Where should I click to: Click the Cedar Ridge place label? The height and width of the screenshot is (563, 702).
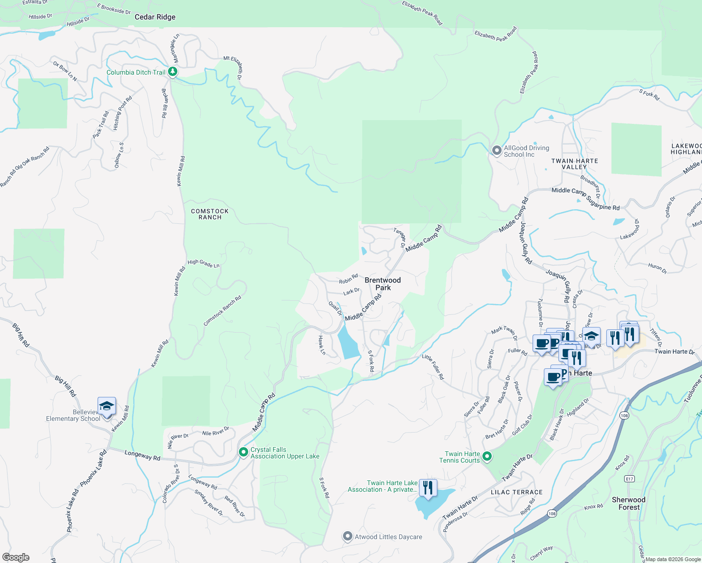coord(155,17)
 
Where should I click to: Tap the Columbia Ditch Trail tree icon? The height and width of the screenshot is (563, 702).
coord(173,72)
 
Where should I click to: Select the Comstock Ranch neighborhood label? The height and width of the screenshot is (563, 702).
coord(210,214)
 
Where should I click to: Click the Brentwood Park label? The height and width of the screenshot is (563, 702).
coord(382,284)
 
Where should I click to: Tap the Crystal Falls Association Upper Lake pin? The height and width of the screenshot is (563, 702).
coord(243,452)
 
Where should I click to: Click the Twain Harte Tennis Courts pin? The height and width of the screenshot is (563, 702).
coord(487,456)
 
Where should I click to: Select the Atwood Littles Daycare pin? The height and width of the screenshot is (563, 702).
coord(347,536)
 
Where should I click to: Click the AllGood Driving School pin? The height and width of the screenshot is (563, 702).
coord(496,151)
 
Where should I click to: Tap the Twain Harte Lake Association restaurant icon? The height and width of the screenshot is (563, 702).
coord(427,488)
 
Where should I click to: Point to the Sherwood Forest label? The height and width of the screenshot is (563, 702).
coord(628,503)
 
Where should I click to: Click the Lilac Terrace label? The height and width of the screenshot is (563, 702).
coord(516,492)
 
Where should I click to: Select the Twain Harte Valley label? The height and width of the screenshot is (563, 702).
coord(574,164)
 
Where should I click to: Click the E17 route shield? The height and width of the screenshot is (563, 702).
coord(629,479)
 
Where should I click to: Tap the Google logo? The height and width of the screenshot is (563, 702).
coord(16,557)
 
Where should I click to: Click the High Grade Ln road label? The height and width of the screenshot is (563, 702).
coord(204,264)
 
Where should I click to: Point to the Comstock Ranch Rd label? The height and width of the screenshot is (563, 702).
coord(222,311)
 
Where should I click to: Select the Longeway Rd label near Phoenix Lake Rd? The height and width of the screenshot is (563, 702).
coord(142,455)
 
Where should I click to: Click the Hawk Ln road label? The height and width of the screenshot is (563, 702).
coord(322,345)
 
